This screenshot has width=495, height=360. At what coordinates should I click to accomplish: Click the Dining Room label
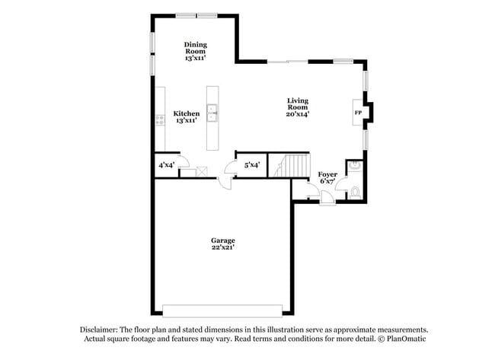(x=196, y=51)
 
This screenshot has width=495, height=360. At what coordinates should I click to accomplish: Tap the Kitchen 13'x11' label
(x=187, y=116)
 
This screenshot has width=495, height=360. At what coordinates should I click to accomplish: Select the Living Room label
(x=297, y=107)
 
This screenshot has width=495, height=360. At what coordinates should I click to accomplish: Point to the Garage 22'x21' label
(x=223, y=244)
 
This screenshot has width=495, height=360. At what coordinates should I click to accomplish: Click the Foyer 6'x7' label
(x=327, y=177)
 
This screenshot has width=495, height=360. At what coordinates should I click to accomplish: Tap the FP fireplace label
(x=358, y=113)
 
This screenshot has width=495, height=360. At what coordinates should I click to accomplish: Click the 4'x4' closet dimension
(x=166, y=165)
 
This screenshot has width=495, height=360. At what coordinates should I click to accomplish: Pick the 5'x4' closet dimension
(x=252, y=165)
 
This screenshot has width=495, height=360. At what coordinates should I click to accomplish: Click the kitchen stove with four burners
(x=161, y=120)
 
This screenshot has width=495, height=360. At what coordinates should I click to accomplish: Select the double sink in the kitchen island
(x=212, y=113)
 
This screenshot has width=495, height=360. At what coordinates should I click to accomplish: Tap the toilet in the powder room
(x=356, y=193)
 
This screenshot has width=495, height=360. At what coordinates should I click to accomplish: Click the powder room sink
(x=356, y=165)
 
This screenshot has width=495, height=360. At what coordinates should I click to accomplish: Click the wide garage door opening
(x=222, y=311)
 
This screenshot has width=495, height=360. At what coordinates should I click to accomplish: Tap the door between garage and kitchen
(x=225, y=183)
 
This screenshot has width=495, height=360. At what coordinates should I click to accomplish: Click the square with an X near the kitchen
(x=202, y=172)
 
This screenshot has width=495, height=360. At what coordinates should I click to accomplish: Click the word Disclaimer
(x=98, y=330)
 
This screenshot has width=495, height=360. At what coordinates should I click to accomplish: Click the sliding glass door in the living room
(x=288, y=62)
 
